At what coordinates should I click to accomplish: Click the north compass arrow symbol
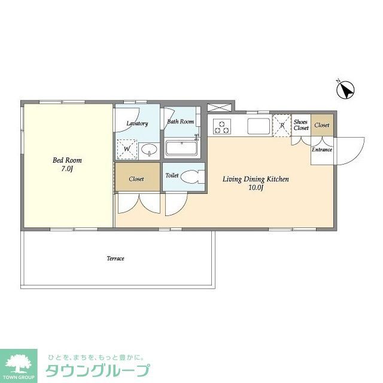[345, 91]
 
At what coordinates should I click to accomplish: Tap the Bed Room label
[67, 160]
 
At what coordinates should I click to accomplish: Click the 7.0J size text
[67, 169]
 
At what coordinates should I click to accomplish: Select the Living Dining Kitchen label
[256, 179]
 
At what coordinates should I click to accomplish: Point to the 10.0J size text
[256, 188]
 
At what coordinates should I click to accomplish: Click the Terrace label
[115, 259]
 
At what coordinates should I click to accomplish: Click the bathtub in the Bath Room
[182, 148]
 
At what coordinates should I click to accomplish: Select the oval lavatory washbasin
[150, 149]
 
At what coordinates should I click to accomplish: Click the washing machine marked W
[127, 148]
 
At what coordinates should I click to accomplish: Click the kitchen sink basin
[259, 126]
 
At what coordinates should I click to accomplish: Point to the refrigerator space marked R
[280, 125]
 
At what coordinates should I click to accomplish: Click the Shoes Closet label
[300, 125]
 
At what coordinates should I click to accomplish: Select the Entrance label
[321, 150]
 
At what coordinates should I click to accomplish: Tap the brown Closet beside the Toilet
[137, 178]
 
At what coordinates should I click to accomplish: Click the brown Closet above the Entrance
[322, 125]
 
